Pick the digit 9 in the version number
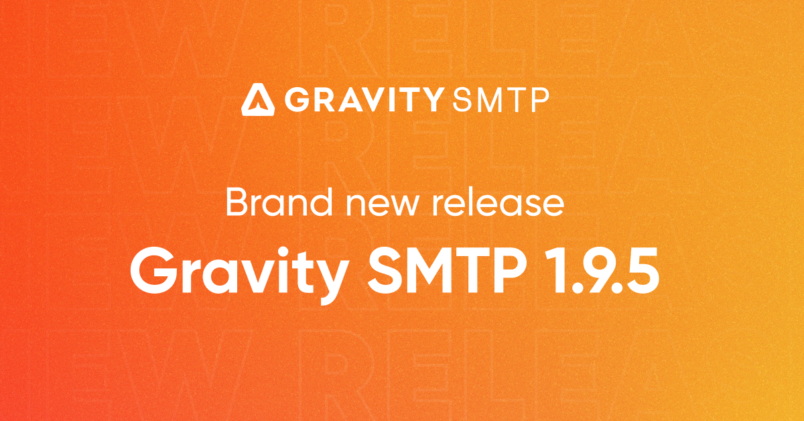[x=596, y=272]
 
